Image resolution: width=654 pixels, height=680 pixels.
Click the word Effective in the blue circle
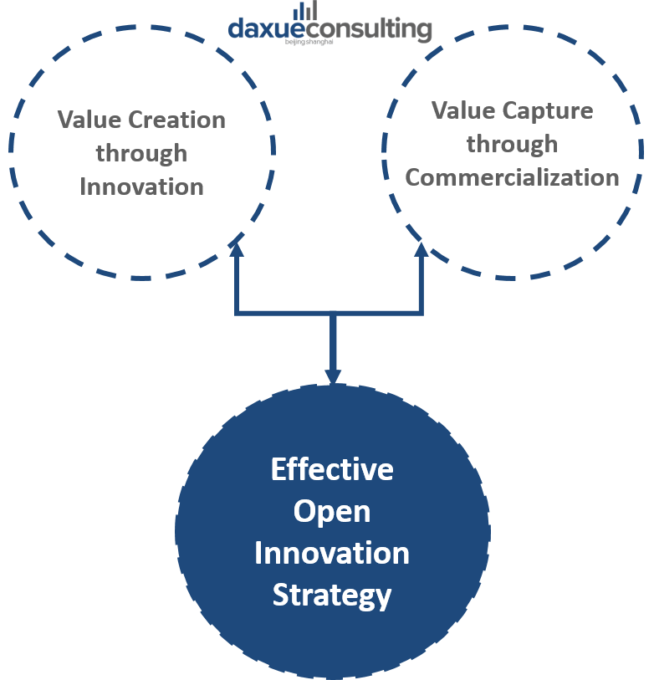point(332,469)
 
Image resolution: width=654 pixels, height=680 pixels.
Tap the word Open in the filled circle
point(332,511)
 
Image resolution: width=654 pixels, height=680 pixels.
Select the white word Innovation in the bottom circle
point(332,553)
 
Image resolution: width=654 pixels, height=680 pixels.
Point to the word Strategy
point(332,595)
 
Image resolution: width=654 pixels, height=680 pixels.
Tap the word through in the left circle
point(141,153)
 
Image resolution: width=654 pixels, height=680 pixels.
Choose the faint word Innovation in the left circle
point(142,186)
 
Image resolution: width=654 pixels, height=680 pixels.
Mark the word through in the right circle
point(512,144)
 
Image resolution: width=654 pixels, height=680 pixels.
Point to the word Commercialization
point(512,177)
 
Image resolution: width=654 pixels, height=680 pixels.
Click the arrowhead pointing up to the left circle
point(237,246)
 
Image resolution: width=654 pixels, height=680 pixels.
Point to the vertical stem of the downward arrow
point(333,343)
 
